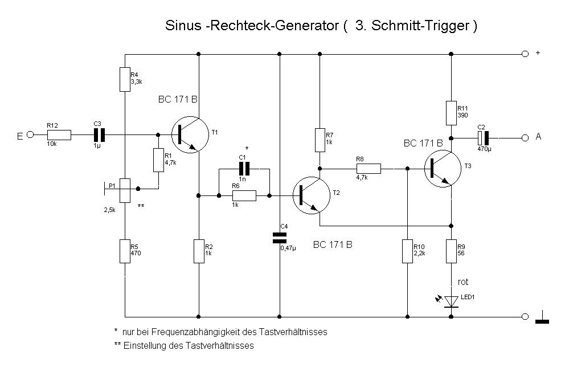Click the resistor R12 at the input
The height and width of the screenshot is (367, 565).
tap(59, 135)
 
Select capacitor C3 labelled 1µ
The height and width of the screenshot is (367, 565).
tap(100, 135)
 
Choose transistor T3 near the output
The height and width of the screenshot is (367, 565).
tap(444, 169)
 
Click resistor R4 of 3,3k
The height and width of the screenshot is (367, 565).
tap(125, 79)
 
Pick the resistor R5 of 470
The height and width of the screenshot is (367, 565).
tap(125, 251)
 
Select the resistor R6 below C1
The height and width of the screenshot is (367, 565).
tap(244, 196)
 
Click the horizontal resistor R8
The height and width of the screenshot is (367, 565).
tap(369, 169)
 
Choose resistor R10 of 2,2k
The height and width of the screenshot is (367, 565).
tap(407, 251)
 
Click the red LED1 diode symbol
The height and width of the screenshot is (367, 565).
tap(451, 301)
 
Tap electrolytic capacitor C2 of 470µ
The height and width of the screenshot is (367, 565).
tap(484, 137)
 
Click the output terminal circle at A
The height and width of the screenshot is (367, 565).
tap(525, 137)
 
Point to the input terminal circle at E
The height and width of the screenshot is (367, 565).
tap(31, 135)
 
